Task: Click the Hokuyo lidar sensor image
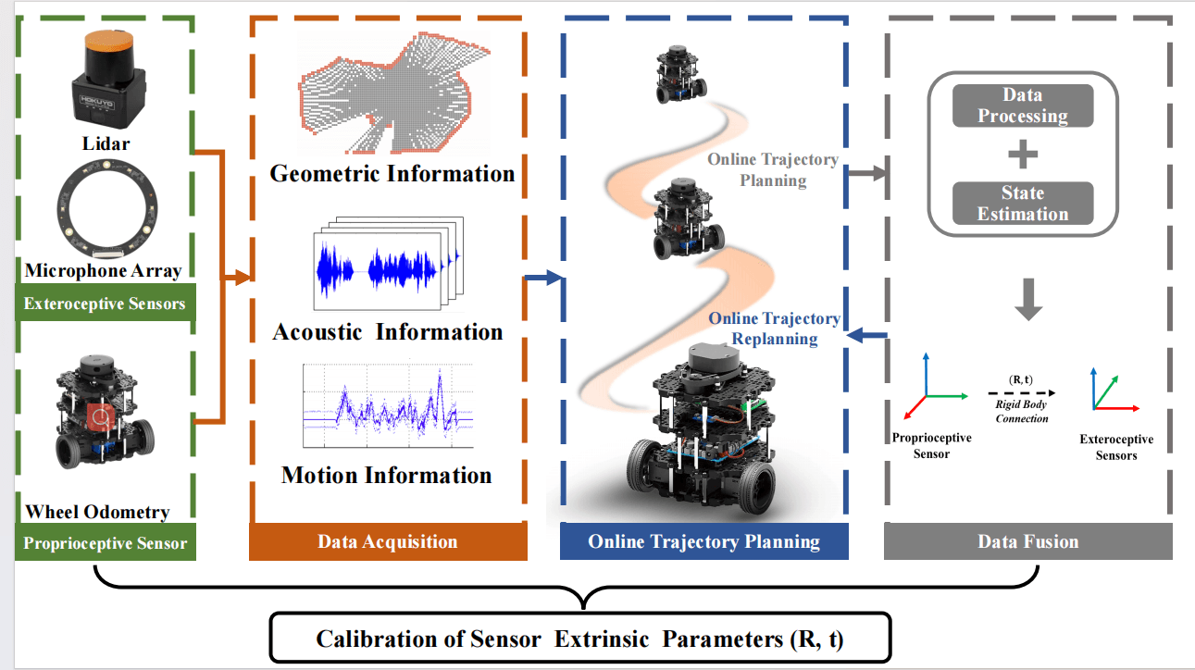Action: pyautogui.click(x=108, y=81)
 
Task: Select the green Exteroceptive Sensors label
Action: pyautogui.click(x=104, y=304)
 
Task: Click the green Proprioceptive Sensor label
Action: pyautogui.click(x=104, y=543)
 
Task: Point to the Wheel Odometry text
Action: pyautogui.click(x=97, y=512)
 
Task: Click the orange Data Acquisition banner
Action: pyautogui.click(x=388, y=542)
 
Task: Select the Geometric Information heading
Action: pyautogui.click(x=392, y=173)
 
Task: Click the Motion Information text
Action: pyautogui.click(x=387, y=476)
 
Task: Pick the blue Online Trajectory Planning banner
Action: pyautogui.click(x=703, y=542)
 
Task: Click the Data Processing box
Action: pyautogui.click(x=1023, y=105)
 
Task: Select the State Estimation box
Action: pyautogui.click(x=1023, y=204)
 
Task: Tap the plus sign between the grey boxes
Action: pyautogui.click(x=1023, y=155)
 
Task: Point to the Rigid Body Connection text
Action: pyautogui.click(x=1022, y=412)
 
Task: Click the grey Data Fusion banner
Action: pyautogui.click(x=1027, y=542)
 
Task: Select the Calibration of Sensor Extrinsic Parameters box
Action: pyautogui.click(x=580, y=639)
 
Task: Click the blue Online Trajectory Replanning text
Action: pyautogui.click(x=774, y=329)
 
